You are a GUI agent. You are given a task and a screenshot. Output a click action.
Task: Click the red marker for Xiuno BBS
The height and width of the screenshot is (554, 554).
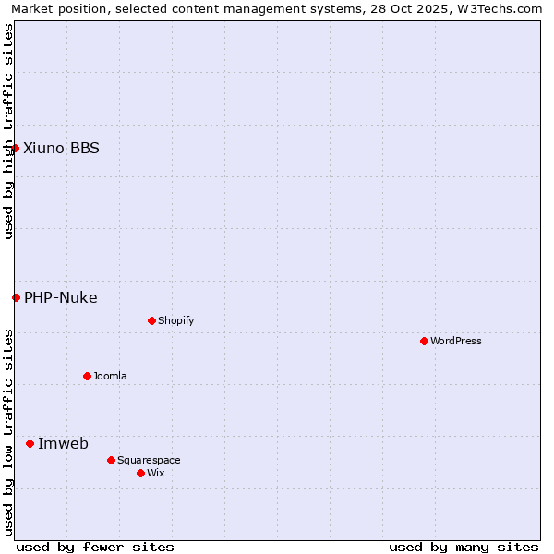tap(15, 148)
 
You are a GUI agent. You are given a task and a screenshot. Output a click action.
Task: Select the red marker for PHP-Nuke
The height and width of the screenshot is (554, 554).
tap(16, 297)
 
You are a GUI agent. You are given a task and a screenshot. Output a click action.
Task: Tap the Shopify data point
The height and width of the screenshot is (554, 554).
tap(151, 320)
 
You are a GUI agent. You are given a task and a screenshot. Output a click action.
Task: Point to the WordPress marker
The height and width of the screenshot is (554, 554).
tap(424, 341)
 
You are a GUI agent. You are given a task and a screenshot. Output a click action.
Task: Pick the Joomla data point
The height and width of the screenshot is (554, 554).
tap(87, 376)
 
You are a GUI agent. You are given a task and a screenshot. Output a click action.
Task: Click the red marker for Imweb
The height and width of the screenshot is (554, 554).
tap(30, 443)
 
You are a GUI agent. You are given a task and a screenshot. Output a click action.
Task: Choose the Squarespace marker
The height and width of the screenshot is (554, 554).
tap(111, 460)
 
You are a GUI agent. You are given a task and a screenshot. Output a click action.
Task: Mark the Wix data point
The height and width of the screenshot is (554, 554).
tap(140, 473)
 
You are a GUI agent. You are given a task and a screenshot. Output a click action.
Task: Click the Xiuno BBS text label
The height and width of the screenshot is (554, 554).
tap(61, 148)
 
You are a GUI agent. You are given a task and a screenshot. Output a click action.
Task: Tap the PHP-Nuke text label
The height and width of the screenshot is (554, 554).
tap(61, 297)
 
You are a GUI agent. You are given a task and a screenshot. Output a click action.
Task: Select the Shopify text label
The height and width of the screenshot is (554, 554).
tap(175, 320)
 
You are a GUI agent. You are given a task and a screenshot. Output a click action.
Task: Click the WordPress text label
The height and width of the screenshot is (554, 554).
tap(456, 341)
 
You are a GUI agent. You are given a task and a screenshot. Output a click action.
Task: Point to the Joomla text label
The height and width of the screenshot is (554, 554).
tap(110, 376)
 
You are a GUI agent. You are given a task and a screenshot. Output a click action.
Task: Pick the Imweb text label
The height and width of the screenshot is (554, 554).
tap(63, 443)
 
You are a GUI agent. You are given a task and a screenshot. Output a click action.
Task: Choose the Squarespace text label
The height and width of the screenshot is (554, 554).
tap(149, 460)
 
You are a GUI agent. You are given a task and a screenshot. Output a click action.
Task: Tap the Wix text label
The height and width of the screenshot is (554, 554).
tap(155, 473)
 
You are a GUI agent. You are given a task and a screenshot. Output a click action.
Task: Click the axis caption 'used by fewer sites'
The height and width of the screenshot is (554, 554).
tap(95, 547)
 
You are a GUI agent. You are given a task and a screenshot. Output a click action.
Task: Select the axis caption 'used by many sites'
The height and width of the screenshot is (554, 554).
tap(464, 547)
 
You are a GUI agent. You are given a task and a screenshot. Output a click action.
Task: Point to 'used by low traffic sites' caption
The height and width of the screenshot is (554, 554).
tap(8, 432)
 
